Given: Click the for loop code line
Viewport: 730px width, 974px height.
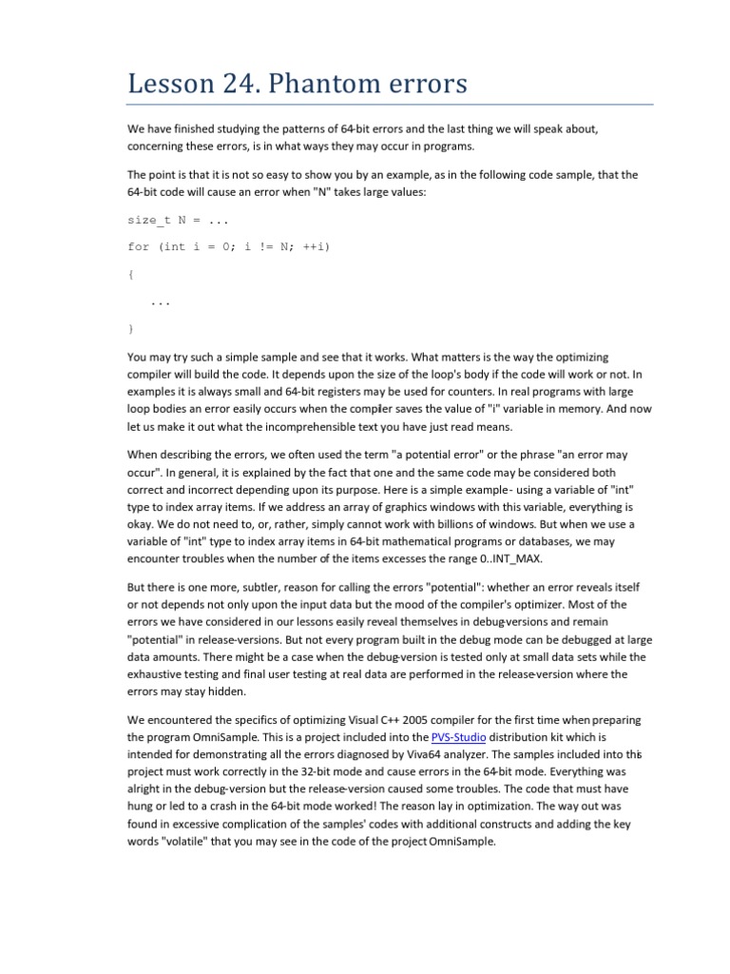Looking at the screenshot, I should click(x=228, y=246).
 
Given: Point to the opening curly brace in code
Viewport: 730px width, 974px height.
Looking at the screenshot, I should click(x=130, y=273).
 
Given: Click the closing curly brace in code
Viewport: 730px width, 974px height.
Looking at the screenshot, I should click(x=130, y=328).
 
